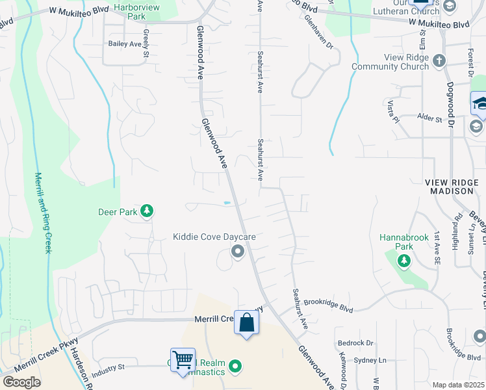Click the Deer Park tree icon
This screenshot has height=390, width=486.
147,211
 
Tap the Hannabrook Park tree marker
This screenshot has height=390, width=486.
404,261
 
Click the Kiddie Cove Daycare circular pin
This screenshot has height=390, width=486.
238,251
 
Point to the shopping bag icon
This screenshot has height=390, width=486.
247,322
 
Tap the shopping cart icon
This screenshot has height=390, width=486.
183,358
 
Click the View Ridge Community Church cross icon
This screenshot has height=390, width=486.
439,60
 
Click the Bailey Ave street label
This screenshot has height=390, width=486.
125,44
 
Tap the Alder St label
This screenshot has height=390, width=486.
429,120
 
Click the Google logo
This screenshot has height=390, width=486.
21,382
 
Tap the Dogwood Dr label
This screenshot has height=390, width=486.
451,97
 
